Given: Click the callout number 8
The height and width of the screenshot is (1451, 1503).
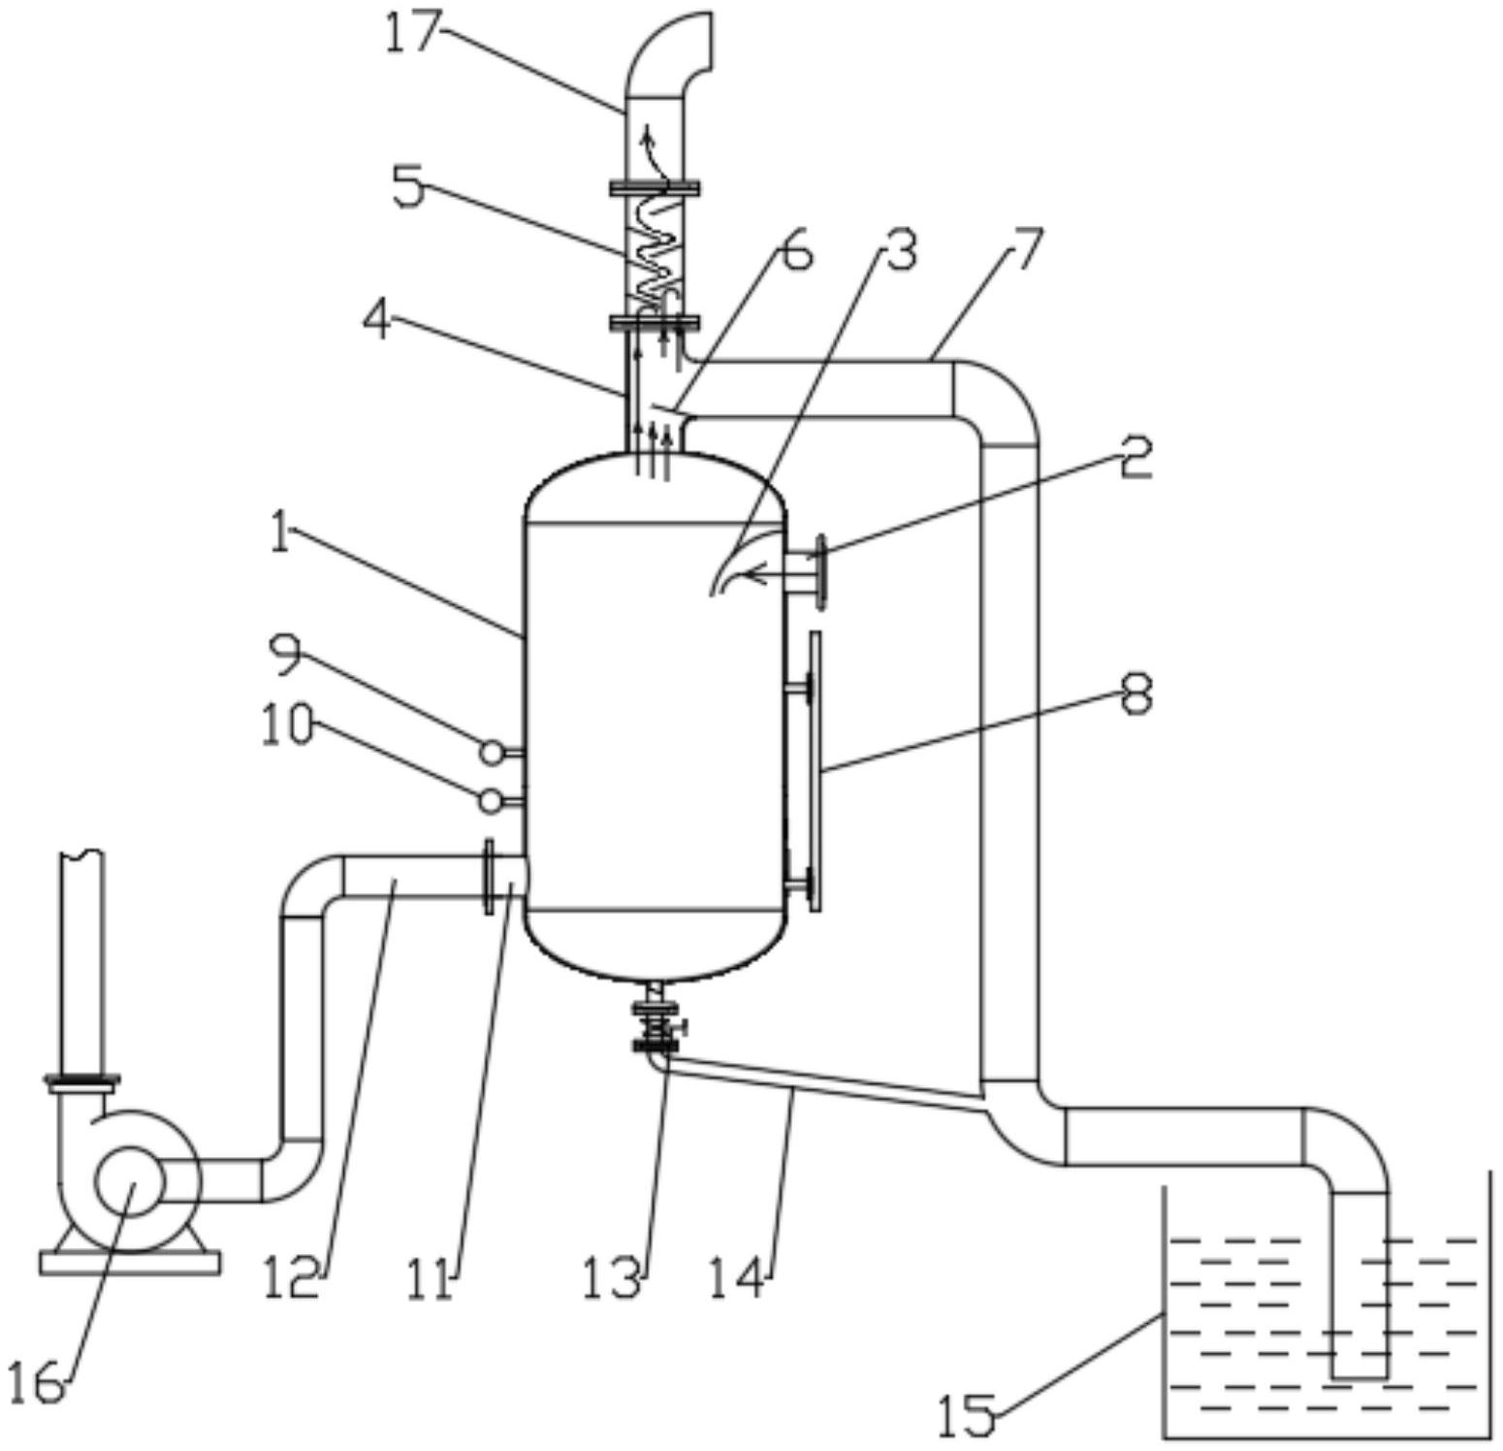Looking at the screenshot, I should point(1136,694).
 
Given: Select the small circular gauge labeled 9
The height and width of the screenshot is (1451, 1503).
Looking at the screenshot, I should point(492,751).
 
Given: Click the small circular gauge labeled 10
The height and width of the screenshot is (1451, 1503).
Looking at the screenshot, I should point(492,800).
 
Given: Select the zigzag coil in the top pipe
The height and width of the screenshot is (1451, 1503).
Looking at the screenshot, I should point(656,252).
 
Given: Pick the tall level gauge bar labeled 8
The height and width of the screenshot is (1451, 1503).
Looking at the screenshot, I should point(815,771).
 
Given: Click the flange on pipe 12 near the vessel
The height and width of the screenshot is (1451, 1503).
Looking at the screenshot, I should point(489,876).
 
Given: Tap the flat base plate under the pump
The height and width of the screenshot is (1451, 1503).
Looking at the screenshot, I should point(130,1263).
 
